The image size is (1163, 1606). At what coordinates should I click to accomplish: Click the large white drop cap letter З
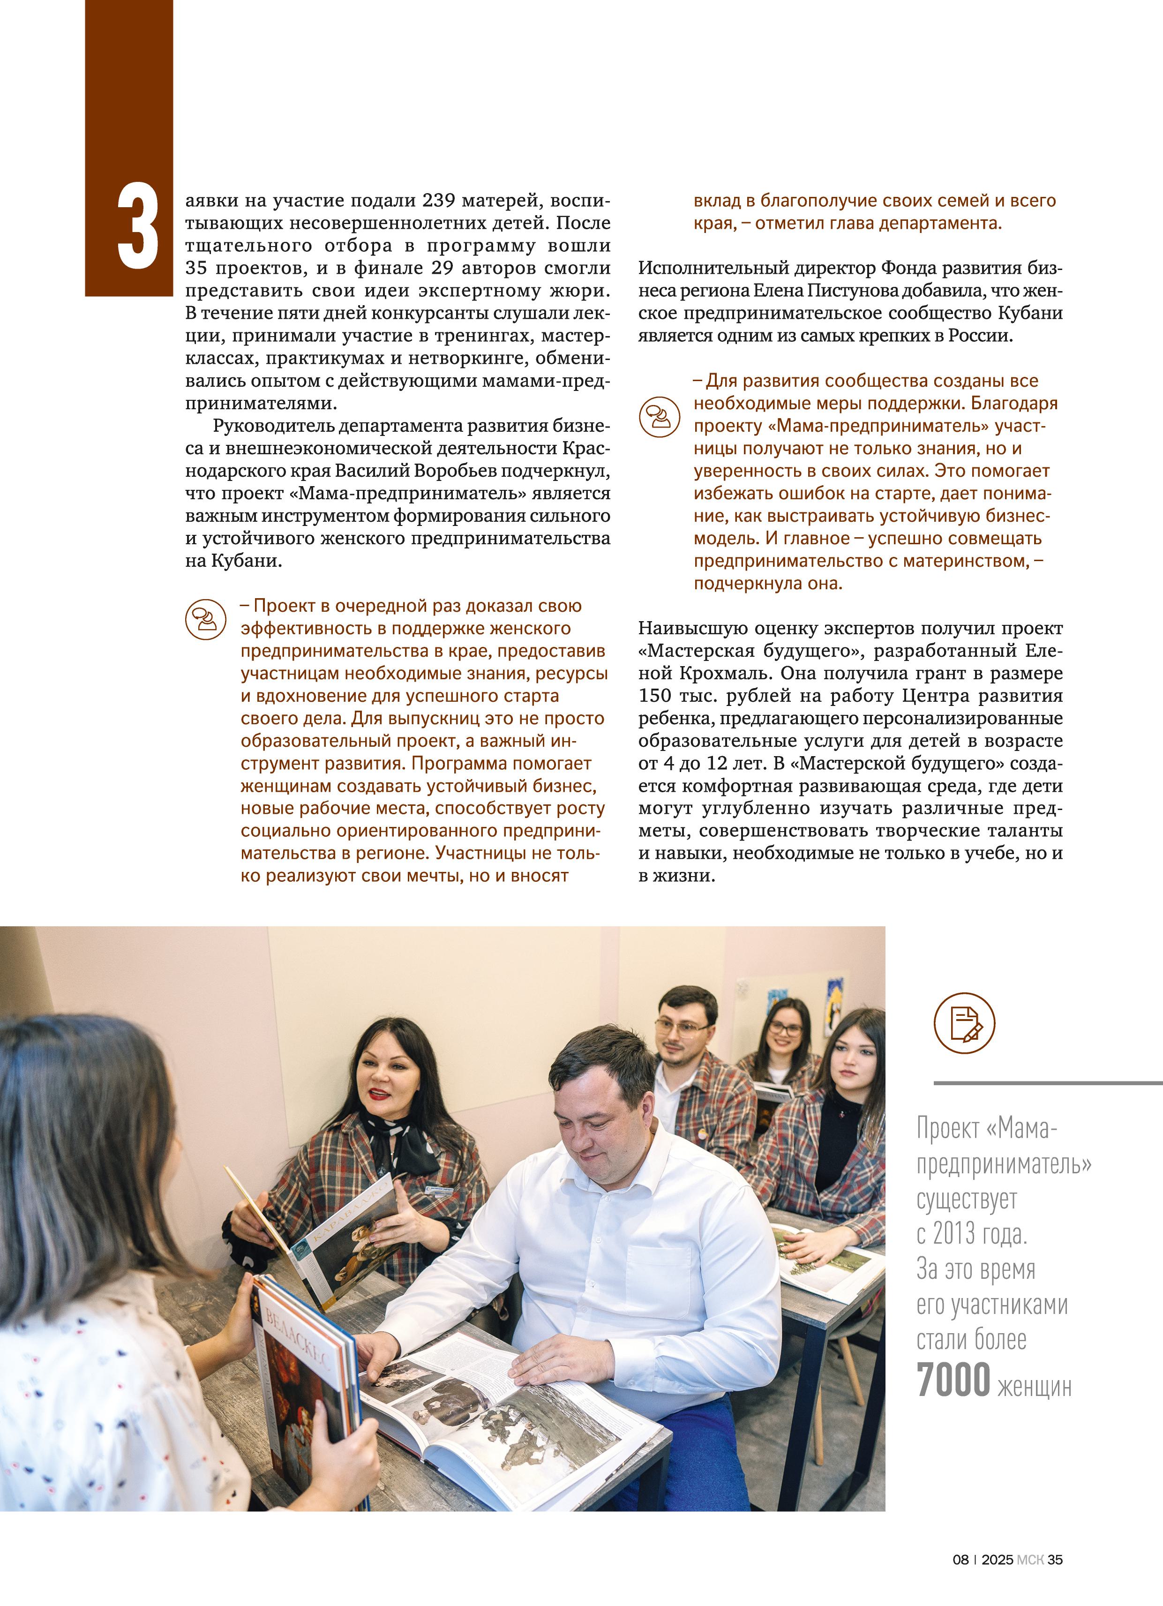(x=139, y=227)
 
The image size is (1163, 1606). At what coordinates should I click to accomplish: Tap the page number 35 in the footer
(x=1055, y=1559)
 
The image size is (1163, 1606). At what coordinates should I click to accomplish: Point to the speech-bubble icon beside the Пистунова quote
(x=660, y=416)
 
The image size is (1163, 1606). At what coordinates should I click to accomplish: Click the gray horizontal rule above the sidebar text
(x=1048, y=1083)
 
